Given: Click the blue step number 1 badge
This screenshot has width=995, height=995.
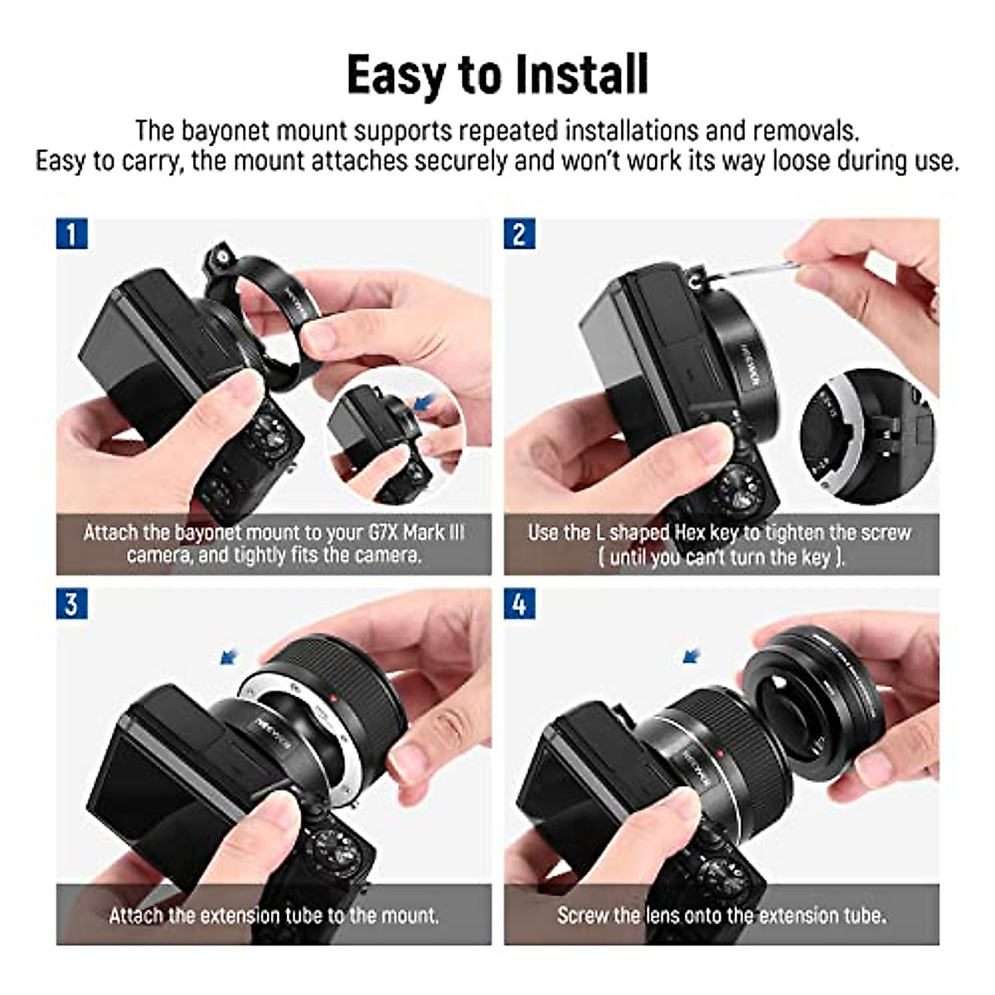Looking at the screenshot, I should coord(71,234).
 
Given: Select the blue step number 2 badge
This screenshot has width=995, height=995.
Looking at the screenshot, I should coord(519,234).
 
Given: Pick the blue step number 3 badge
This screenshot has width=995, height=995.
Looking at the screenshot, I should coord(71,604).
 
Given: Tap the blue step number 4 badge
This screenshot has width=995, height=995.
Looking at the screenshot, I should coord(519,604).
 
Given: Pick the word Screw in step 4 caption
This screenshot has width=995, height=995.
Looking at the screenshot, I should coord(582,915).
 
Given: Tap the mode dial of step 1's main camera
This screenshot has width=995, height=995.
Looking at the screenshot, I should coord(272,434).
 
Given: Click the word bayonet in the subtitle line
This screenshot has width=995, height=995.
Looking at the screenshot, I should coord(221,131).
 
